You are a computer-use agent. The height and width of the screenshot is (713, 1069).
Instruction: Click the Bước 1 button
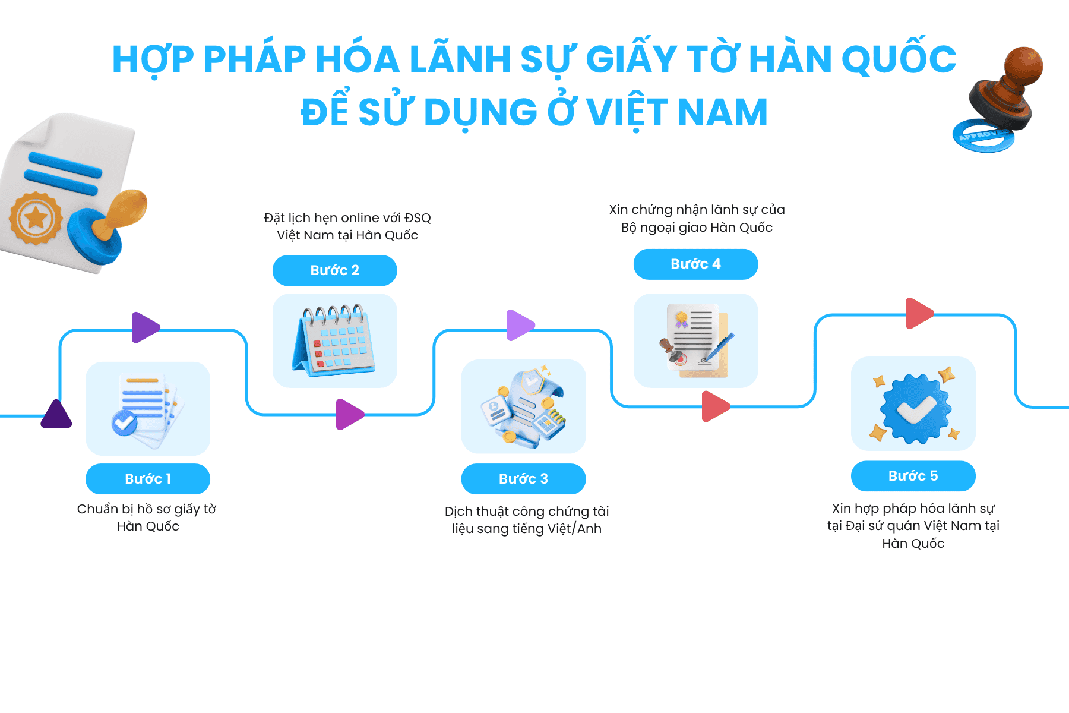tap(148, 479)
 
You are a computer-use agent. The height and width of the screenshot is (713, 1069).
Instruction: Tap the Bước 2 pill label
tap(335, 270)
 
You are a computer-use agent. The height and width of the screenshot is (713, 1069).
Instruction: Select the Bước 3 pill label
tap(524, 479)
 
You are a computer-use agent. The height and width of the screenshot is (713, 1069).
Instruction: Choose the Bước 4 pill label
tap(696, 264)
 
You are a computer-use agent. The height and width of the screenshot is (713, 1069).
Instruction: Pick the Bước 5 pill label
tap(913, 476)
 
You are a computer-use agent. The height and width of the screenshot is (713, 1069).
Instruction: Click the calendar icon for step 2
tap(334, 340)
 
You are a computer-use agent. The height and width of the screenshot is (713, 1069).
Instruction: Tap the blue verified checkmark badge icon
tap(915, 408)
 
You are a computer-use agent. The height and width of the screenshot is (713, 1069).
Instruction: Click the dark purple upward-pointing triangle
tap(56, 415)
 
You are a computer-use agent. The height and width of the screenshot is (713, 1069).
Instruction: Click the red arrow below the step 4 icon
tap(716, 406)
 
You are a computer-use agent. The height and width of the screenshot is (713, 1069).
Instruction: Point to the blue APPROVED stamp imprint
tap(983, 136)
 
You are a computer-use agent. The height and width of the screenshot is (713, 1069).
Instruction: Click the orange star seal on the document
tap(36, 218)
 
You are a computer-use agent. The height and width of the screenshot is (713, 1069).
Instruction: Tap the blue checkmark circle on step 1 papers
tap(124, 423)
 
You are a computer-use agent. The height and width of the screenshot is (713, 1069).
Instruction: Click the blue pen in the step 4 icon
tap(718, 348)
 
